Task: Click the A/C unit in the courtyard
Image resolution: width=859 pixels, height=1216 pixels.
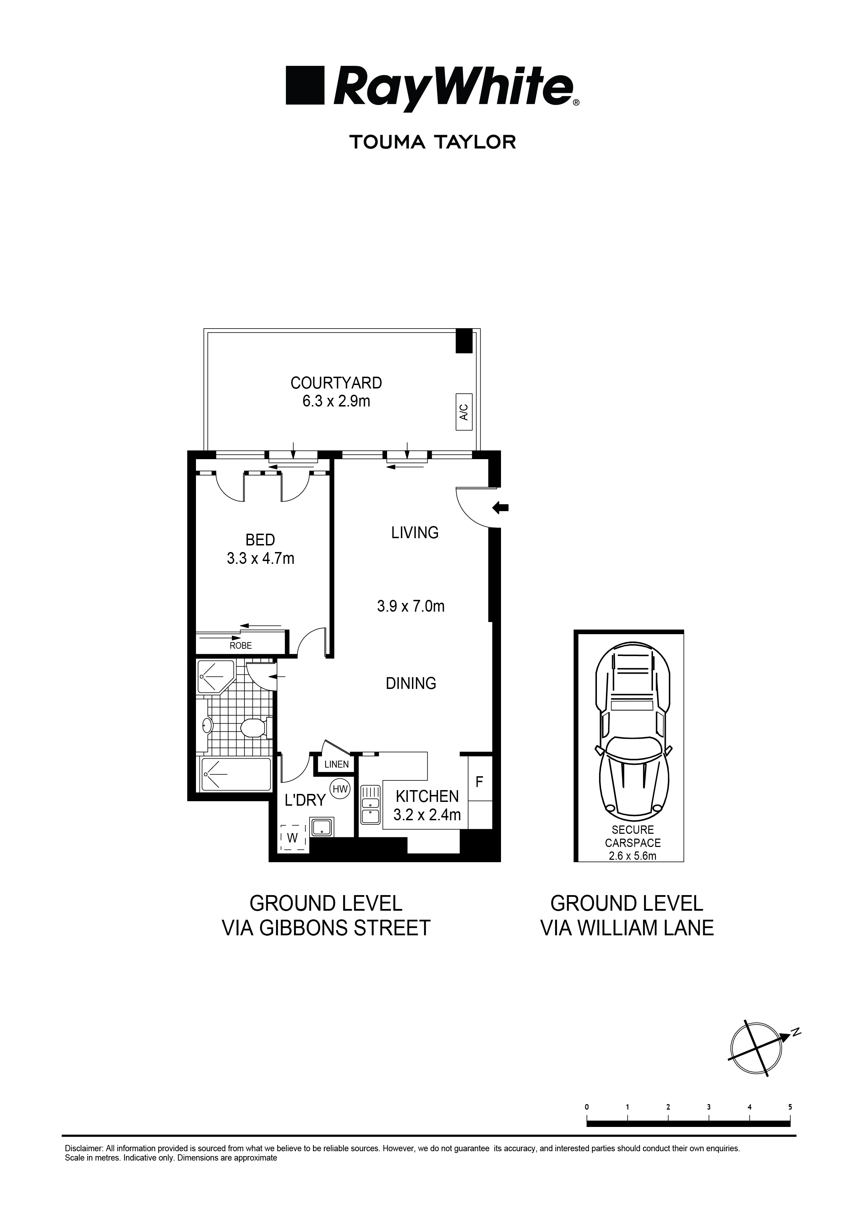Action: click(x=463, y=412)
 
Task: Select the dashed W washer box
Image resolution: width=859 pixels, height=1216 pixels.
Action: click(x=293, y=837)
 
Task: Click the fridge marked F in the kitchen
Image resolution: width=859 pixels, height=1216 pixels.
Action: click(x=480, y=781)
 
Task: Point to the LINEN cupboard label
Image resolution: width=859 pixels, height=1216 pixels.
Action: click(x=337, y=764)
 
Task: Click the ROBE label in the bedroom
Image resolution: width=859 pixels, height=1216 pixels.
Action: click(x=241, y=646)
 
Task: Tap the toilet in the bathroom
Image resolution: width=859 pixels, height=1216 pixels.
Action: click(x=253, y=728)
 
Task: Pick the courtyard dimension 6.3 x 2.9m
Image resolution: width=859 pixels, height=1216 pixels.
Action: click(x=336, y=401)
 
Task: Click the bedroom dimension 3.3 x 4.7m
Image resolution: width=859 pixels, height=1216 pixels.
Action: click(x=260, y=558)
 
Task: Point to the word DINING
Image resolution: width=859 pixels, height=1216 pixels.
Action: click(x=411, y=684)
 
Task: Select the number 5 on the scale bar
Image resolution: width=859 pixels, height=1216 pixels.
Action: click(x=790, y=1106)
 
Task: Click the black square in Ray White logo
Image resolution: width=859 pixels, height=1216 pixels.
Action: click(x=305, y=85)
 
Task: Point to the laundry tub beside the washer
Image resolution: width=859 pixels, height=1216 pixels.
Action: click(x=321, y=827)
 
